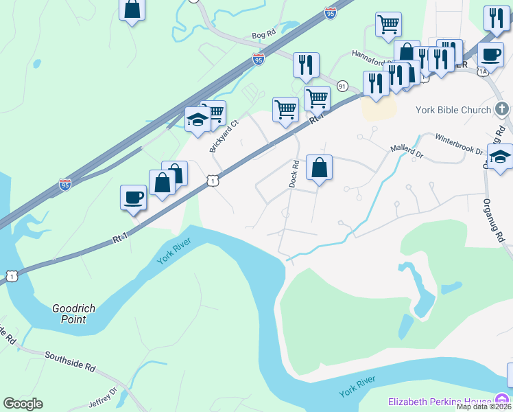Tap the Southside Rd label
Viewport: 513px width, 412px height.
70,361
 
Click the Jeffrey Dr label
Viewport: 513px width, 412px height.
103,399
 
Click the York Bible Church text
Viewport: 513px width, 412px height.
453,110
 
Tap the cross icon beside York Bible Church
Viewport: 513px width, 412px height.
502,109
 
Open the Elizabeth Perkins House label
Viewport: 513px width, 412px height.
441,402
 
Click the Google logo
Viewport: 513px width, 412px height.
23,404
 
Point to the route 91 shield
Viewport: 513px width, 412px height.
342,85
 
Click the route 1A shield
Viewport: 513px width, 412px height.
483,71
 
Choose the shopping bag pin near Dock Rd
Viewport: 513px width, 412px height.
319,168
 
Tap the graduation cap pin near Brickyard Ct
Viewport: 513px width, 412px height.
198,120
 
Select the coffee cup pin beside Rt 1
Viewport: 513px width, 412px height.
133,198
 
